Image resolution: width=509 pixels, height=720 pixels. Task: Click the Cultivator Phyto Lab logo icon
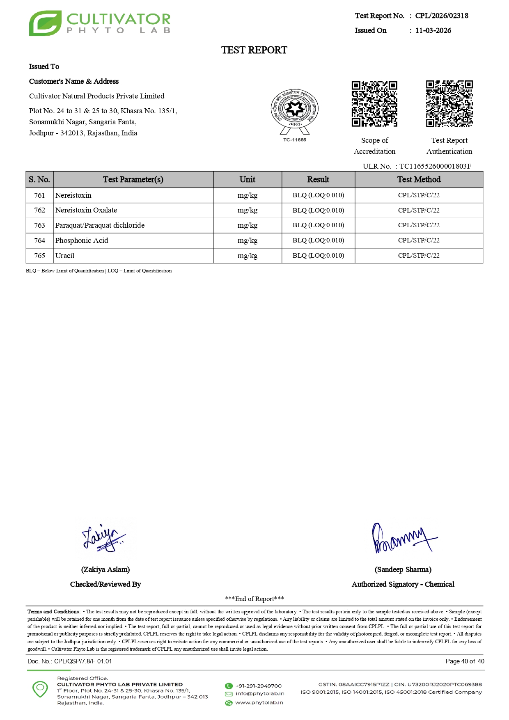tap(45, 23)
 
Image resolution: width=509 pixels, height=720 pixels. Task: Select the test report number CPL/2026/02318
tap(441, 16)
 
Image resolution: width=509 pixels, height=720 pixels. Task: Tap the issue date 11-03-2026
tap(433, 31)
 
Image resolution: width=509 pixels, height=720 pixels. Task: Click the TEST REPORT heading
tap(254, 50)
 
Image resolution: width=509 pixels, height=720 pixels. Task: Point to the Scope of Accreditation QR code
tap(374, 104)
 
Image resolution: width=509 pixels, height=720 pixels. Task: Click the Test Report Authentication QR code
tap(449, 104)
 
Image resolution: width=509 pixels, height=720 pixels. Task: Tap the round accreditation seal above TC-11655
tap(294, 109)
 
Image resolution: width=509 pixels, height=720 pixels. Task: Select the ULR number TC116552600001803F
tap(435, 166)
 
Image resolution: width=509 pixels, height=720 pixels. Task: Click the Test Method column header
tap(419, 180)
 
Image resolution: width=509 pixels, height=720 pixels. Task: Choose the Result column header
tap(318, 180)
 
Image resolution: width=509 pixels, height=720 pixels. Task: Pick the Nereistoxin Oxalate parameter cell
tap(86, 210)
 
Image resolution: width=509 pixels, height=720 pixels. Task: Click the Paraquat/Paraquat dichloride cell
tap(100, 225)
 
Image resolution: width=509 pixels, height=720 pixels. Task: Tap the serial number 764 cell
tap(40, 240)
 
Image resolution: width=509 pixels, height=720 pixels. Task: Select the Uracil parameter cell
tap(65, 256)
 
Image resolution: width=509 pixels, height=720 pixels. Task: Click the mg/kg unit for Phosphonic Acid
tap(248, 240)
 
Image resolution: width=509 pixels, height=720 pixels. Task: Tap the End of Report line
tap(254, 599)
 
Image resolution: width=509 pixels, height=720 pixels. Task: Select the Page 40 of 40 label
tap(465, 661)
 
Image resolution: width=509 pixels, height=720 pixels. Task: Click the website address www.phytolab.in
tap(259, 703)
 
